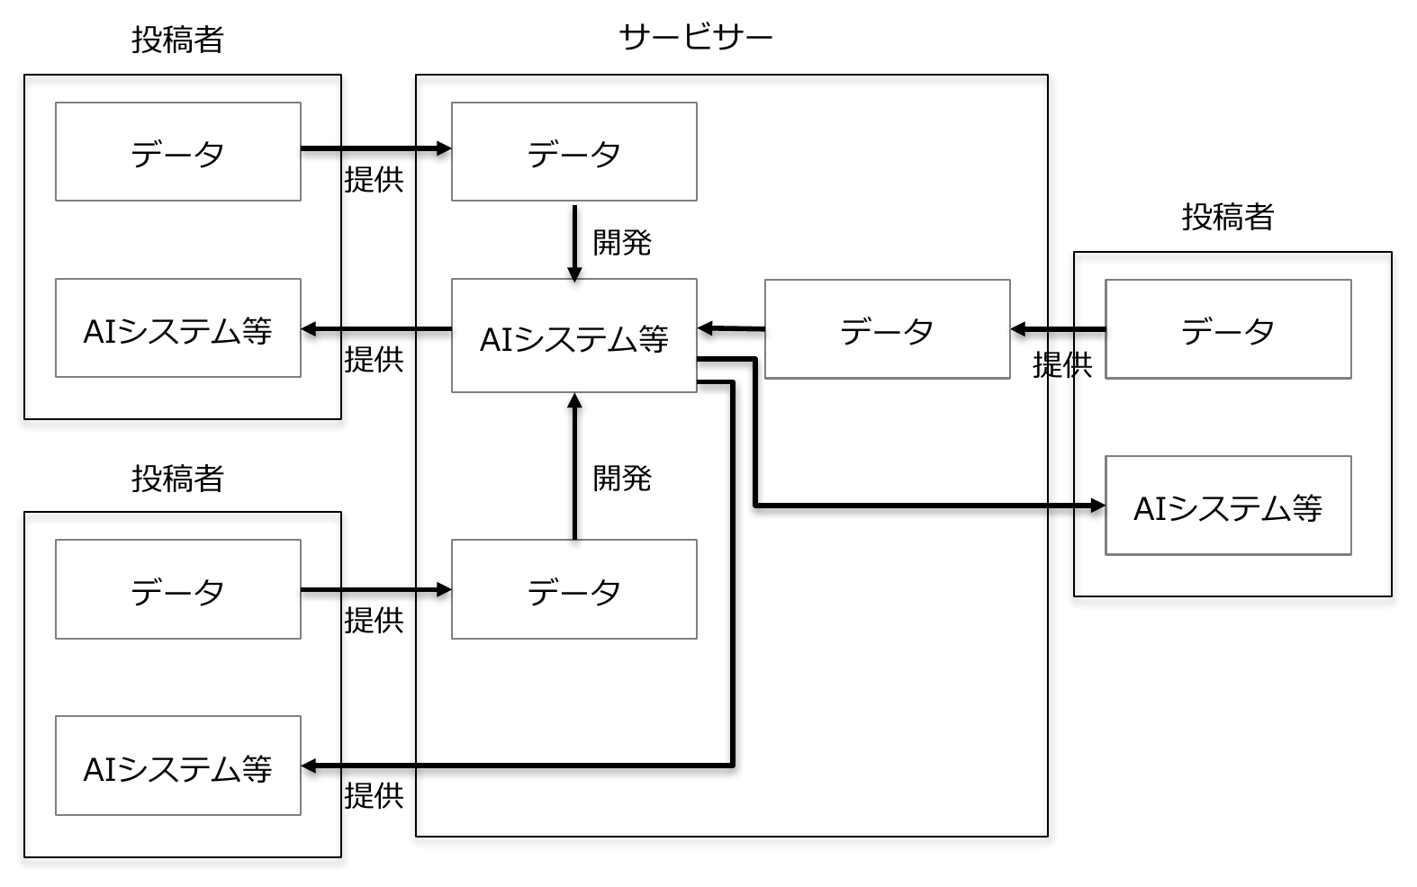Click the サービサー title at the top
tap(696, 37)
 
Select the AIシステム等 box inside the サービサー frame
tap(574, 336)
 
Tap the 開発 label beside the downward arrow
tap(622, 243)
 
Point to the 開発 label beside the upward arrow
tap(622, 479)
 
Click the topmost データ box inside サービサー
tap(574, 152)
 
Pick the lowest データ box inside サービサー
tap(574, 589)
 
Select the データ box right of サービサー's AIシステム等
tap(888, 329)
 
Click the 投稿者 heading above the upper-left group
tap(177, 40)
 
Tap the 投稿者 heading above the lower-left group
tap(177, 479)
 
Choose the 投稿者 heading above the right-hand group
tap(1228, 217)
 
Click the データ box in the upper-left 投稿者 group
tap(178, 152)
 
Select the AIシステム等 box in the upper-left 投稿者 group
tap(178, 328)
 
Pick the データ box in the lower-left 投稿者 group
tap(178, 589)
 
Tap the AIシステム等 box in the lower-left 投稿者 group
tap(178, 766)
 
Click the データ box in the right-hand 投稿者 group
tap(1229, 329)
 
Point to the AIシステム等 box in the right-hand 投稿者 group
tap(1229, 506)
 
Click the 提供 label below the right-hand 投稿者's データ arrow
tap(1062, 365)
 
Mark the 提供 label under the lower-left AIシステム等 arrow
tap(374, 796)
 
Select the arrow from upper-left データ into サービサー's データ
tap(376, 149)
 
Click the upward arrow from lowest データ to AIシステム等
tap(574, 466)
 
